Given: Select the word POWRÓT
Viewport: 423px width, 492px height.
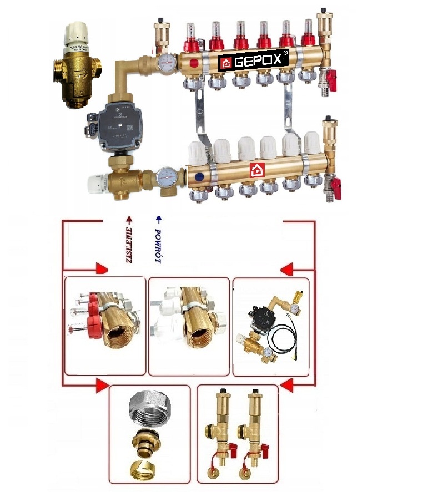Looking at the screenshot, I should tap(158, 246).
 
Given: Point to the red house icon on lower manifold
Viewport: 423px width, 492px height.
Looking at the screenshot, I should tap(256, 170).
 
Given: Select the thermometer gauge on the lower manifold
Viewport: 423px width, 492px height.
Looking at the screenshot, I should tap(164, 175).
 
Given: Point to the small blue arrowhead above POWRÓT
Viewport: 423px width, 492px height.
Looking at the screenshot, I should tap(158, 219).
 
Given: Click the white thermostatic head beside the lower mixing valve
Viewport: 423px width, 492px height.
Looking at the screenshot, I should tap(98, 182).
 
